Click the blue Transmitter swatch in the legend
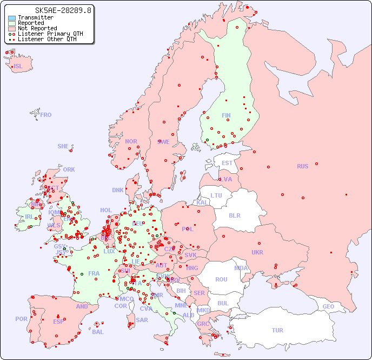12,18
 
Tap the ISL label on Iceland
18,67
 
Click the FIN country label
226,115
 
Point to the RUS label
302,166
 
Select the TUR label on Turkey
277,330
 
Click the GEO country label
328,306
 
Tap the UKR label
257,252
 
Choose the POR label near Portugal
21,319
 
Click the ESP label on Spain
58,322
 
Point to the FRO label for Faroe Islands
46,115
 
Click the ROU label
221,279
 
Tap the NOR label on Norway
131,141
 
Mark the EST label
227,163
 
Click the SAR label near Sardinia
142,319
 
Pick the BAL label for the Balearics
97,332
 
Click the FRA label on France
94,273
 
